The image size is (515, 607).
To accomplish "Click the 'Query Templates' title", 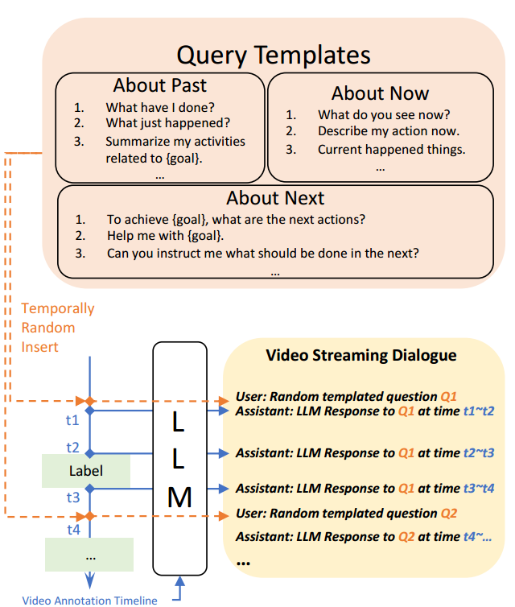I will (273, 55).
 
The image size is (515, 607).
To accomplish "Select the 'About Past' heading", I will (160, 85).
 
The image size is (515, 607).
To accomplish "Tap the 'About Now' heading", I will (380, 93).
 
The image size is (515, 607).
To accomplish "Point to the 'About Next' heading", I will (274, 198).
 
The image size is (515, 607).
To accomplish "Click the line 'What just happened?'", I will (167, 123).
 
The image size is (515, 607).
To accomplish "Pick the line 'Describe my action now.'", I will (388, 131).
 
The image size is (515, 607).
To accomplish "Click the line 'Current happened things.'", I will (391, 149).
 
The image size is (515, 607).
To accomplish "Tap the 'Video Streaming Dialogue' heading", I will (360, 355).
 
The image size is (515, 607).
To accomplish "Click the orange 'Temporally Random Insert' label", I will (57, 328).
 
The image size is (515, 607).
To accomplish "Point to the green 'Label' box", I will (86, 470).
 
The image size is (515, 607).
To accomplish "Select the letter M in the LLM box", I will (179, 498).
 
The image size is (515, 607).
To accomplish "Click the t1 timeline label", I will (72, 419).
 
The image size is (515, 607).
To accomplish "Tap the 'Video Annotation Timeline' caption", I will (89, 600).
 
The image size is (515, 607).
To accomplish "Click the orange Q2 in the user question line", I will (449, 514).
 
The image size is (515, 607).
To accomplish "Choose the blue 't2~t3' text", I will (478, 453).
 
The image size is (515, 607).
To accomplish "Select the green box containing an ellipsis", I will (89, 555).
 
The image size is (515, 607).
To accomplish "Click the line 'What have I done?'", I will (159, 106).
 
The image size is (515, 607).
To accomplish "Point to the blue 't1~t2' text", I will (478, 411).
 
